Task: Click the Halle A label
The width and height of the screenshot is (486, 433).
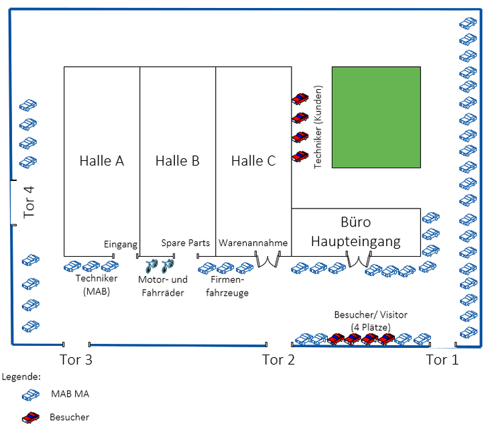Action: coord(102,161)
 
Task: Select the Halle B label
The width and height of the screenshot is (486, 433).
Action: coord(178,161)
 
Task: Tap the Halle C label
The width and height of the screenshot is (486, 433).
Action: coord(253,161)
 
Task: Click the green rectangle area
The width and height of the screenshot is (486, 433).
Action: coord(376,117)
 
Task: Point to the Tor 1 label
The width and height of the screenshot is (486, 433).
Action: coord(442,360)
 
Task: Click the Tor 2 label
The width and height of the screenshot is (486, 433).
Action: coord(278,360)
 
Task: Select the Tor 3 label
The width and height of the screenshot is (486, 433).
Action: coord(76,360)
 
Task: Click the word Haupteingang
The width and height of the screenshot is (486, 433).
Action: coord(355,241)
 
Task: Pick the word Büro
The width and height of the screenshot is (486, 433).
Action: coord(355,223)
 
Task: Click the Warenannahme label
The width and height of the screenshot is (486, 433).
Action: coord(253,243)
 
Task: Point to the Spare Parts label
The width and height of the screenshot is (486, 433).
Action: coord(186,243)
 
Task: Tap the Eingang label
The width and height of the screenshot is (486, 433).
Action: coord(121,245)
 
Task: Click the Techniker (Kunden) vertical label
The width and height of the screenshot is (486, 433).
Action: coord(318,127)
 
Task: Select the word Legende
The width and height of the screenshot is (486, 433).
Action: coord(21,377)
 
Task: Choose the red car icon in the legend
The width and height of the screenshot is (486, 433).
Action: coord(31,418)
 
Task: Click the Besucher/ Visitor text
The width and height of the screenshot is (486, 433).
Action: coord(371,315)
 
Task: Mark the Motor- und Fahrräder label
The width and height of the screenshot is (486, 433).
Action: coord(161,288)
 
